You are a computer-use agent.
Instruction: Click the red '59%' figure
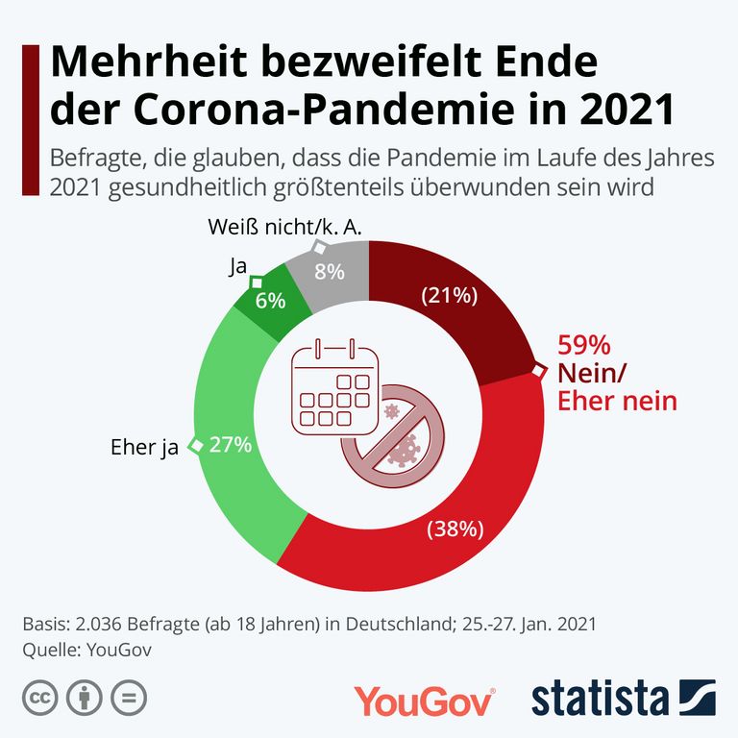[584, 346]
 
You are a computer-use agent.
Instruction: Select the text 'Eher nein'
[617, 401]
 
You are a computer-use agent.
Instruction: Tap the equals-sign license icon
[128, 699]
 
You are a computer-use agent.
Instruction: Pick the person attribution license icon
[85, 699]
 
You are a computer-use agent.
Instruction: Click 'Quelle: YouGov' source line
[87, 649]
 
